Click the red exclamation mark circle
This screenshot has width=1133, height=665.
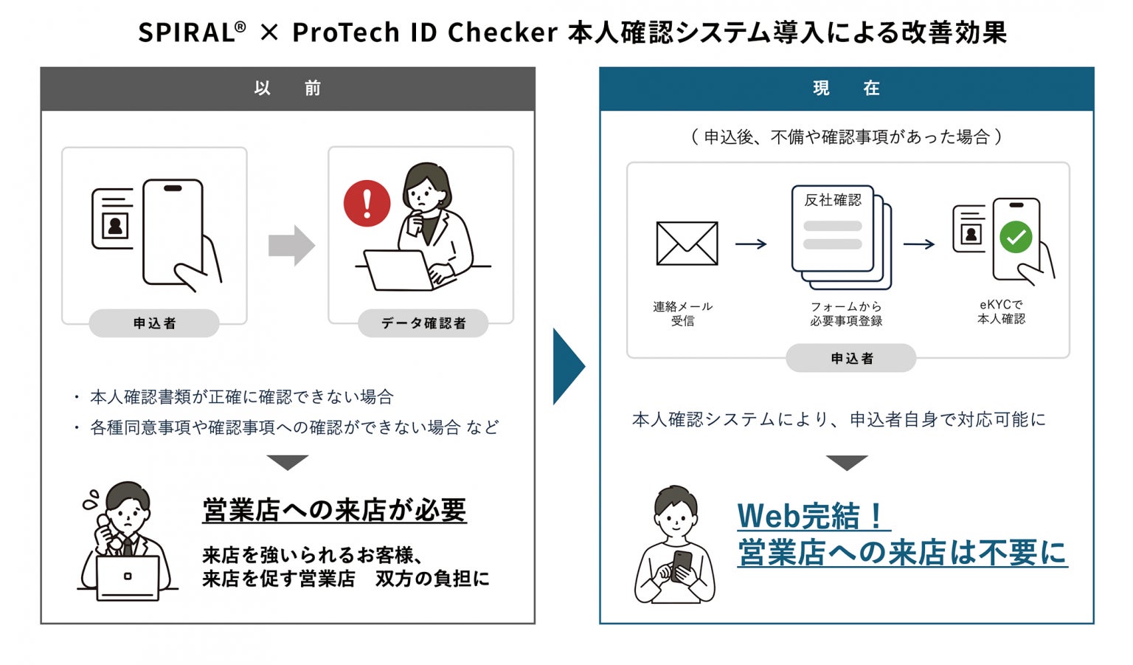pyautogui.click(x=367, y=203)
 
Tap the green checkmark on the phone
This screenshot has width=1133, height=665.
pyautogui.click(x=1016, y=238)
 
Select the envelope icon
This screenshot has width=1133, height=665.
pyautogui.click(x=687, y=244)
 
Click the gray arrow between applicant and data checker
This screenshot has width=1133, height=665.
pyautogui.click(x=291, y=245)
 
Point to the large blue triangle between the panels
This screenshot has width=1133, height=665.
pyautogui.click(x=567, y=367)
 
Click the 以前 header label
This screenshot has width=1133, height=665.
pyautogui.click(x=288, y=89)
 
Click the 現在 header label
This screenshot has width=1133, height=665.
pyautogui.click(x=846, y=89)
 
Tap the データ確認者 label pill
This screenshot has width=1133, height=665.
pyautogui.click(x=423, y=323)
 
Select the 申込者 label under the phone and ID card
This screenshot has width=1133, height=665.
pyautogui.click(x=154, y=323)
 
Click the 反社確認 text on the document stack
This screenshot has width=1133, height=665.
pyautogui.click(x=833, y=200)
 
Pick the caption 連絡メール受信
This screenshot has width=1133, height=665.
pyautogui.click(x=682, y=314)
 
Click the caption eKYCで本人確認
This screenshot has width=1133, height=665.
pyautogui.click(x=1001, y=311)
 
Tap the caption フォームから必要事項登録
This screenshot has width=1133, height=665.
pyautogui.click(x=846, y=314)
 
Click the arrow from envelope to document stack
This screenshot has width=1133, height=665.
pyautogui.click(x=751, y=244)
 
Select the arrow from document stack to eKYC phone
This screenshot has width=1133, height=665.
pyautogui.click(x=919, y=244)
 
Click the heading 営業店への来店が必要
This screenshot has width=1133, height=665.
pyautogui.click(x=334, y=510)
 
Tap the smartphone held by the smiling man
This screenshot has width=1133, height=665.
pyautogui.click(x=681, y=565)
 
